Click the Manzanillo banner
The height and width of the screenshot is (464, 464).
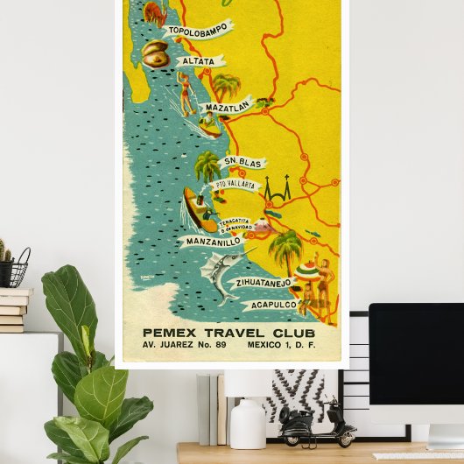(210, 240)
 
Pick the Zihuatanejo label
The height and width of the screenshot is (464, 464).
(262, 283)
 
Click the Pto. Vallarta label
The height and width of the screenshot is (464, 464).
(235, 185)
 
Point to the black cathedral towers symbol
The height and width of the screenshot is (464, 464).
(278, 190)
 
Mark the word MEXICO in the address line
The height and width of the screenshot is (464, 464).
(263, 347)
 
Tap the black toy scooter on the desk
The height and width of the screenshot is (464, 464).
(317, 425)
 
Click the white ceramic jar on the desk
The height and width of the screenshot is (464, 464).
(247, 424)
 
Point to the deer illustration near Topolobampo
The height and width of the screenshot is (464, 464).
(154, 11)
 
